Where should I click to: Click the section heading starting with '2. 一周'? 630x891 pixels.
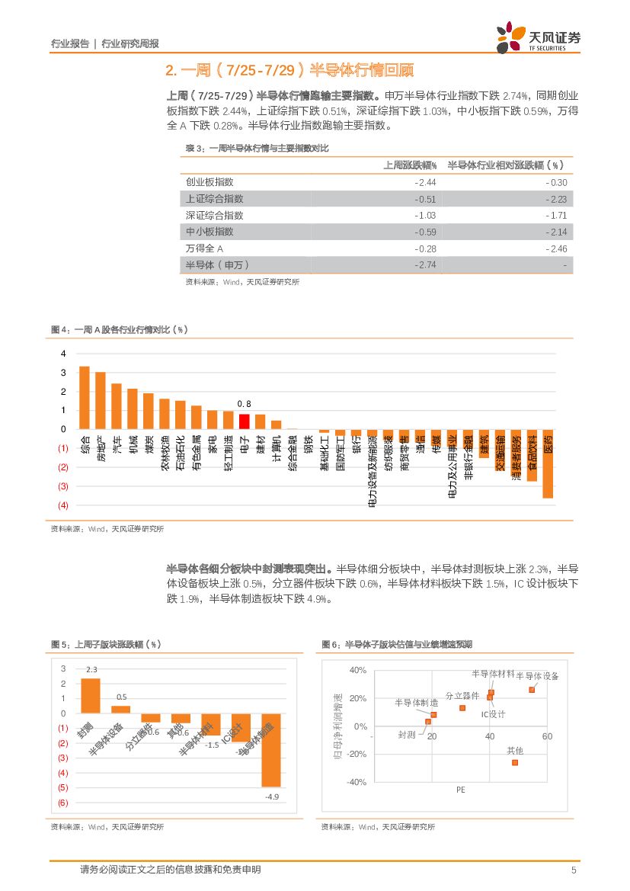289,71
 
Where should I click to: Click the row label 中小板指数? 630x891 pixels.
209,232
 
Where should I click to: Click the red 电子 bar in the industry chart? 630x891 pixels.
244,421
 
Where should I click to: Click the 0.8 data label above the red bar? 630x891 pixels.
244,403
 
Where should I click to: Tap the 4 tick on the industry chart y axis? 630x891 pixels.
64,354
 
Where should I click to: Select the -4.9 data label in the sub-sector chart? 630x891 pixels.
272,796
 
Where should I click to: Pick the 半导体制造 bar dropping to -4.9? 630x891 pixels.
272,750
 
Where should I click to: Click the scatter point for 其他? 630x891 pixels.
515,762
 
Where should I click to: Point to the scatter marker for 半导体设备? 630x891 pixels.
532,690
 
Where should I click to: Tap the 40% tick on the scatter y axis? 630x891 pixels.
357,670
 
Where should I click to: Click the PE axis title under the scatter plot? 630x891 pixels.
460,790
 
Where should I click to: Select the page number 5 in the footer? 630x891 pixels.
573,870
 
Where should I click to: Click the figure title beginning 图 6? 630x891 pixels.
397,644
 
